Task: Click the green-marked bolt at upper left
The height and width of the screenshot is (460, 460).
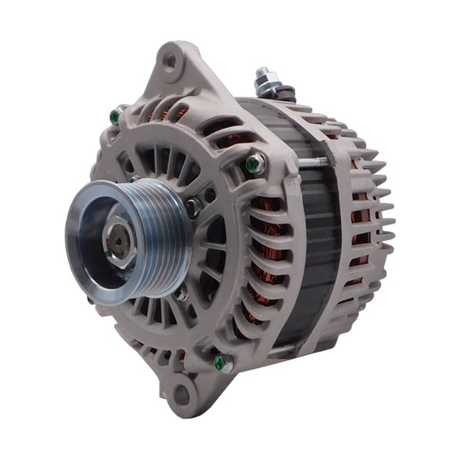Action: pyautogui.click(x=114, y=116)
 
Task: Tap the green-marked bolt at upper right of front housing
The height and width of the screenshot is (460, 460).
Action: pyautogui.click(x=253, y=162)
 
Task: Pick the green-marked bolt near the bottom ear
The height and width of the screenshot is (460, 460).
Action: pyautogui.click(x=220, y=360)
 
